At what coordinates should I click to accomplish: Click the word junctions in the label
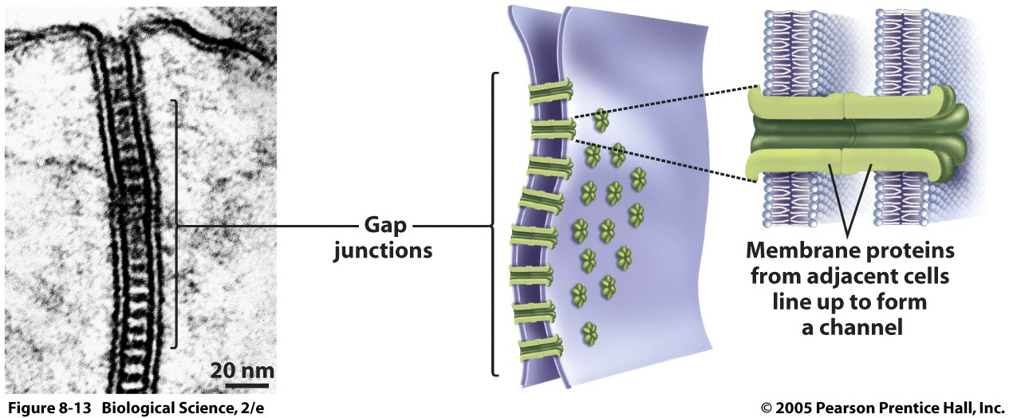point(383,250)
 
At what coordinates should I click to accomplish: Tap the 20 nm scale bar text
point(242,370)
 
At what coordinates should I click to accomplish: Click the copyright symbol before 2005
point(767,408)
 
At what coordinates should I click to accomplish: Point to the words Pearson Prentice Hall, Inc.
point(913,408)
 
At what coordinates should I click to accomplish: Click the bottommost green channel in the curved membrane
point(540,347)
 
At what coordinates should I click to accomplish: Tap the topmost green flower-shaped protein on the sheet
point(600,121)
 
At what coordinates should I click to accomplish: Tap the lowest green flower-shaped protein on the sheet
point(590,331)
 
